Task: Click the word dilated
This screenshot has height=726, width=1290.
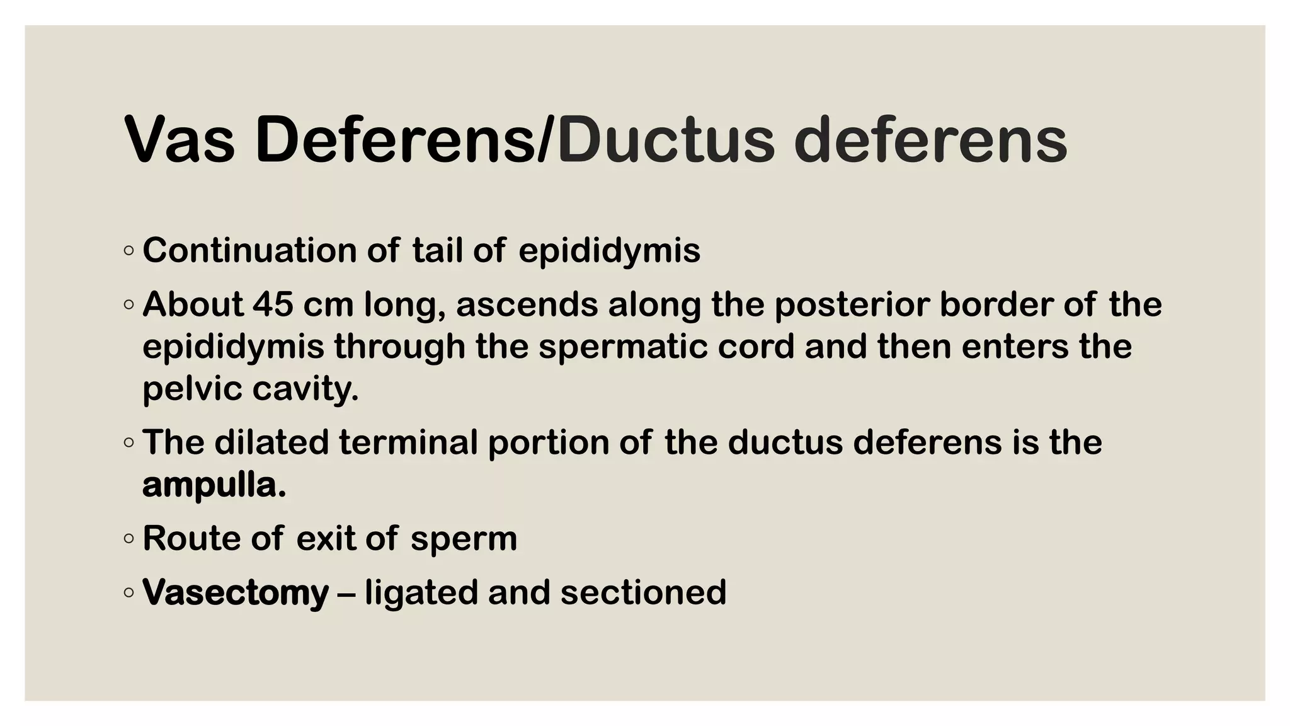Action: click(271, 442)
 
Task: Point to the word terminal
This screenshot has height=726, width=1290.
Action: click(408, 442)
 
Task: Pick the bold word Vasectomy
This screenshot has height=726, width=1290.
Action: click(236, 593)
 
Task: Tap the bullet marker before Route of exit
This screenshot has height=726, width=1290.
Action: click(129, 539)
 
